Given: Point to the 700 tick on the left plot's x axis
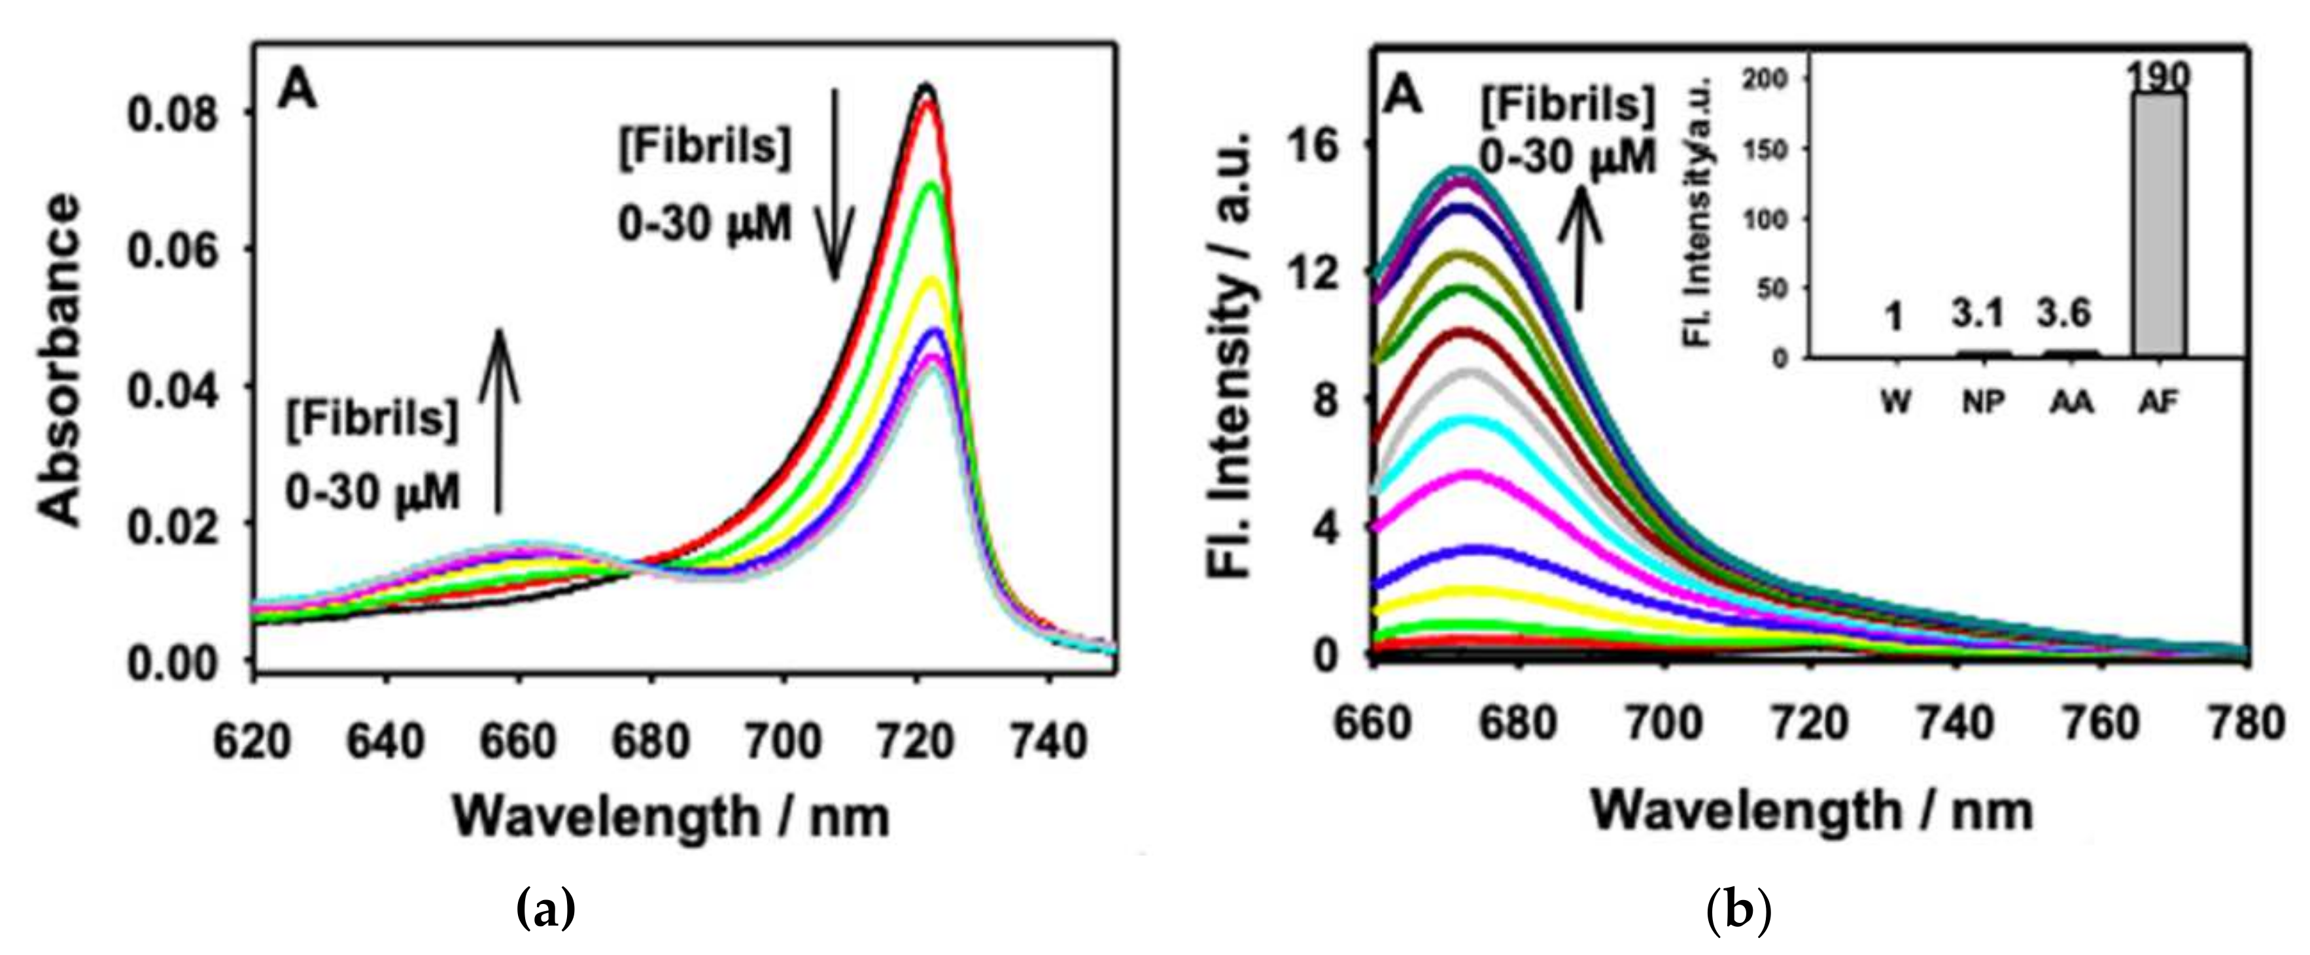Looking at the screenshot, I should coord(783,743).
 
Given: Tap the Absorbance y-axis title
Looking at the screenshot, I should coord(60,358).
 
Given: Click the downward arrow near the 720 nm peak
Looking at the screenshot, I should coord(835,184).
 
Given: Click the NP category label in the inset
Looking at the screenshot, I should coord(1984,404).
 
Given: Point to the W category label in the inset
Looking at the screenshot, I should coord(1895,404).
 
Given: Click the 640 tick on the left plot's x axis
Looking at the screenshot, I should coord(386,743).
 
